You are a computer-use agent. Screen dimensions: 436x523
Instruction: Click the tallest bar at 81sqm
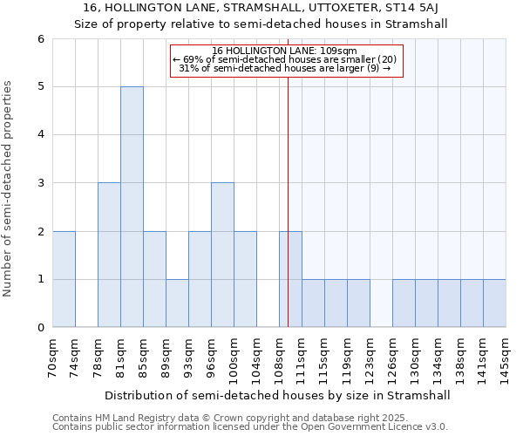132,207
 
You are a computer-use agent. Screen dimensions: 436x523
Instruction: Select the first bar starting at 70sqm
64,279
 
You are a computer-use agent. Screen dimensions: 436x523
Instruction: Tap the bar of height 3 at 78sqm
109,255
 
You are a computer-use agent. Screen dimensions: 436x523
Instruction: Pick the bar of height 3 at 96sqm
222,255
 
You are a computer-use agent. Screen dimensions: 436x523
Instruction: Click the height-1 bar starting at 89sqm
177,303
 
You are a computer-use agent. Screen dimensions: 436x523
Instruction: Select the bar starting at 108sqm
290,279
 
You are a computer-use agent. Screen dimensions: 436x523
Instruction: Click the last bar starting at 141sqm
494,303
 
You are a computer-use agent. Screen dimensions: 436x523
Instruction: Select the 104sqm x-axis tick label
257,358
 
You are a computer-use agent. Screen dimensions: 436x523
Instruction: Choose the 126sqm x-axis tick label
393,358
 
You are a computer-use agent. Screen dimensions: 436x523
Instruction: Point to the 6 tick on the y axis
40,39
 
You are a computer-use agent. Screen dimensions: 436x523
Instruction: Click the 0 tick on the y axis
40,328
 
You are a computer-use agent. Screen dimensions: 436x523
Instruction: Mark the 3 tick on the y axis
40,183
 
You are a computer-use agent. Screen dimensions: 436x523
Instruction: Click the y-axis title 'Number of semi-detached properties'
10,187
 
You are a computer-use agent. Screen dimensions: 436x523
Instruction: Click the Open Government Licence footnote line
250,427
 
